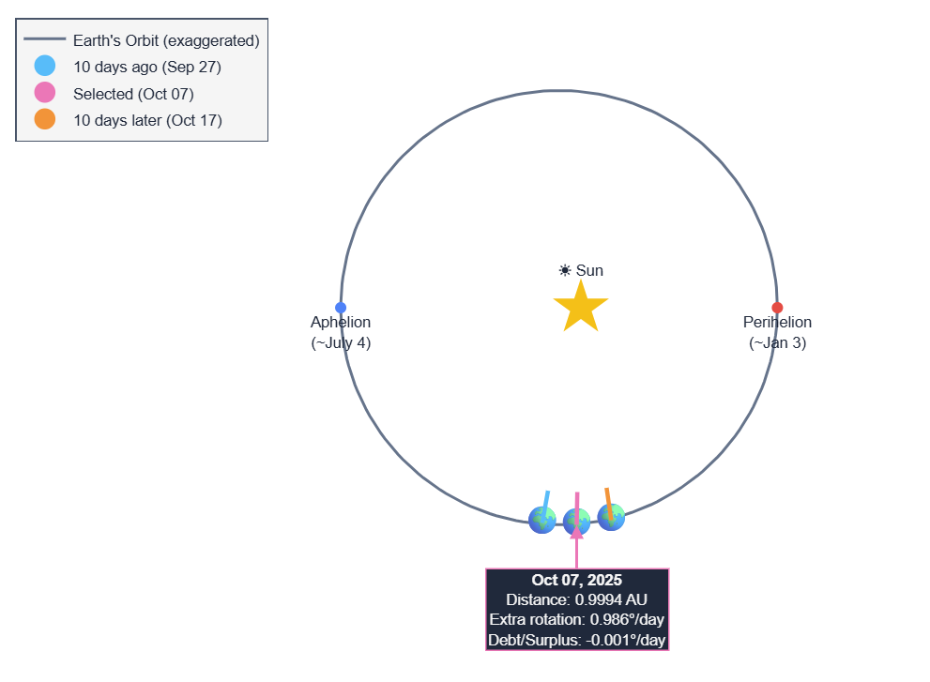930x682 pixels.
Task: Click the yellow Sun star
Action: (581, 308)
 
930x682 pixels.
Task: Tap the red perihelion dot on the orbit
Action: (777, 308)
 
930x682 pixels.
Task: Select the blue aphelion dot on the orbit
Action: (341, 308)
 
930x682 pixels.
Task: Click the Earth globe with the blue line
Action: (542, 520)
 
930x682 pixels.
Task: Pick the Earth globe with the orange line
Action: (611, 517)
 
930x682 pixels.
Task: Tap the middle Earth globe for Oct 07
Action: (577, 522)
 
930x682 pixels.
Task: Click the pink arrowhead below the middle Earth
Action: (577, 533)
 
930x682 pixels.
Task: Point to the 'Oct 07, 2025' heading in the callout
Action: (576, 581)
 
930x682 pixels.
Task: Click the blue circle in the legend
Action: (44, 67)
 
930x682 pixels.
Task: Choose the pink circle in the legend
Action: (44, 93)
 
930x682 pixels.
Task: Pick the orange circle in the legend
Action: (44, 119)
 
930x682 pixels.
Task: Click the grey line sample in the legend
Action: (44, 40)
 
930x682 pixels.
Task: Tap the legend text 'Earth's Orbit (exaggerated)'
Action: (166, 41)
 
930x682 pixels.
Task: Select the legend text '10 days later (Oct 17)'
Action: (147, 120)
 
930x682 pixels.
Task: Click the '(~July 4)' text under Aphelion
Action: (341, 343)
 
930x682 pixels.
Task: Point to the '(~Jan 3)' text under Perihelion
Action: (777, 343)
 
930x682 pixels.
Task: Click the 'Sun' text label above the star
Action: (589, 271)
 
